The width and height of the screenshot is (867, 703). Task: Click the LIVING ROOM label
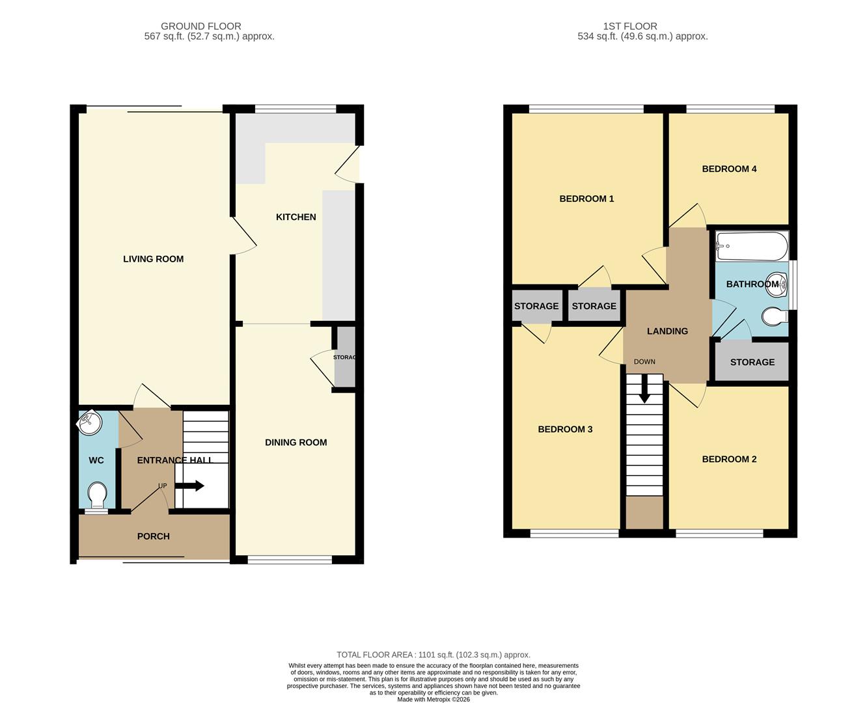(x=153, y=259)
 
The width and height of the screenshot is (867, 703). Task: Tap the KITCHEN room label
(x=296, y=217)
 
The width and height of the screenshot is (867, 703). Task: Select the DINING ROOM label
(x=296, y=443)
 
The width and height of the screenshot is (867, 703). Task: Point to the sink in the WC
(x=89, y=423)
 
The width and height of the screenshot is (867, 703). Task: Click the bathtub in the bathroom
(x=752, y=247)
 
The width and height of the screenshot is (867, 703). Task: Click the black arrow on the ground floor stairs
(x=193, y=486)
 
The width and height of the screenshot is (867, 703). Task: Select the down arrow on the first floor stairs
(x=644, y=391)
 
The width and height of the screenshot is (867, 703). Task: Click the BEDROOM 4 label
(x=729, y=169)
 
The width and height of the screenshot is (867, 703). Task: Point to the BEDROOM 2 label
(x=729, y=460)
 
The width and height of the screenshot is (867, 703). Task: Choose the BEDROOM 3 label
(x=565, y=430)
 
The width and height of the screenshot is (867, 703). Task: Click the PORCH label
(x=153, y=536)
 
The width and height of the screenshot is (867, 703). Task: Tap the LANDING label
(x=667, y=331)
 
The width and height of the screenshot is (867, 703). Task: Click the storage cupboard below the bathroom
(x=752, y=362)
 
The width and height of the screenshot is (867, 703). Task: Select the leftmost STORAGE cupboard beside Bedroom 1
(x=536, y=306)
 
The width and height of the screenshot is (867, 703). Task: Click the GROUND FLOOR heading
(x=201, y=26)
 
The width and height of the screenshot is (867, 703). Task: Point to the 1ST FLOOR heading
(x=630, y=26)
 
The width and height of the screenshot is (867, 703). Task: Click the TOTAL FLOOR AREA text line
(x=433, y=655)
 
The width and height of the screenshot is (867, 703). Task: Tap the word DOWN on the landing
(x=644, y=362)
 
